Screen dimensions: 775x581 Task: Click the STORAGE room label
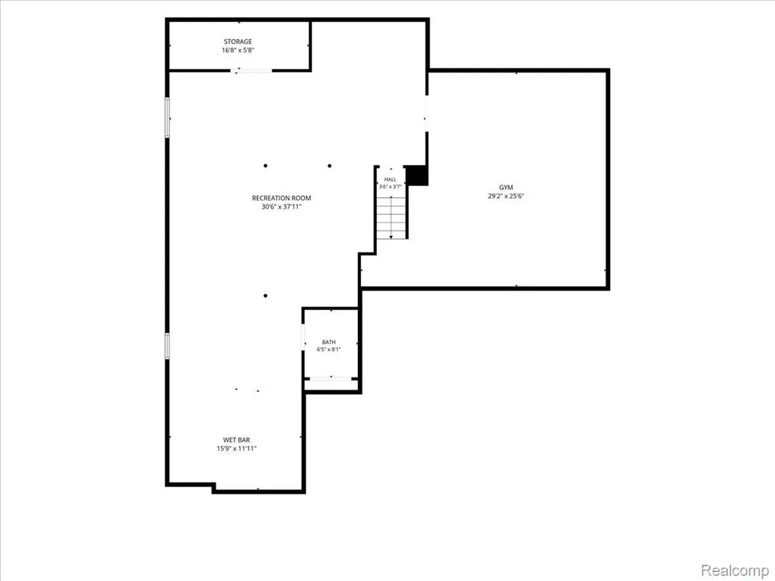tap(238, 42)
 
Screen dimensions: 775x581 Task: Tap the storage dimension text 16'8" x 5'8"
tap(238, 51)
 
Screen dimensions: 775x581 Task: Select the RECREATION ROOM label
tap(282, 198)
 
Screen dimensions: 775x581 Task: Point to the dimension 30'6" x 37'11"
tap(282, 207)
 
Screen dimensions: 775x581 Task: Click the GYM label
tap(506, 188)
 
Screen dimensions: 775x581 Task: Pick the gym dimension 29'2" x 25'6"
tap(506, 196)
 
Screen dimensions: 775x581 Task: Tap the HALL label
tap(391, 179)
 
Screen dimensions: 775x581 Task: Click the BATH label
tap(328, 342)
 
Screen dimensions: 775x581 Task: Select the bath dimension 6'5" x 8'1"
tap(328, 350)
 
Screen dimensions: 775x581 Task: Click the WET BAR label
tap(237, 440)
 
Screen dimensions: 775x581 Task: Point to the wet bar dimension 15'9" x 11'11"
tap(237, 449)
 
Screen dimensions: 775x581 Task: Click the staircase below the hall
tap(391, 217)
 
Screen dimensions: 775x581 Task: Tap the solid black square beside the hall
tap(416, 176)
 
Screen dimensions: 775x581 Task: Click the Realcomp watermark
tap(734, 570)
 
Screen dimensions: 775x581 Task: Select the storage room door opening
tap(251, 71)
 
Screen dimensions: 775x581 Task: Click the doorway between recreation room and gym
tap(427, 113)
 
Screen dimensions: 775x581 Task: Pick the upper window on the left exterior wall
tap(167, 117)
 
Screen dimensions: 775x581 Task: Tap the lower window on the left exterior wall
tap(167, 346)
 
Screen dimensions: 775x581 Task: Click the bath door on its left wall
tap(303, 337)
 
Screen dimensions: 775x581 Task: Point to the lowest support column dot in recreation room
tap(266, 296)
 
